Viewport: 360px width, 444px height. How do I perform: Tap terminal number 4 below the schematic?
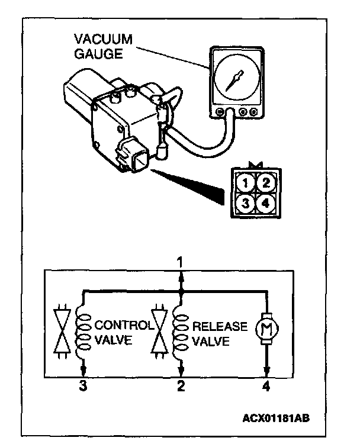click(268, 388)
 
